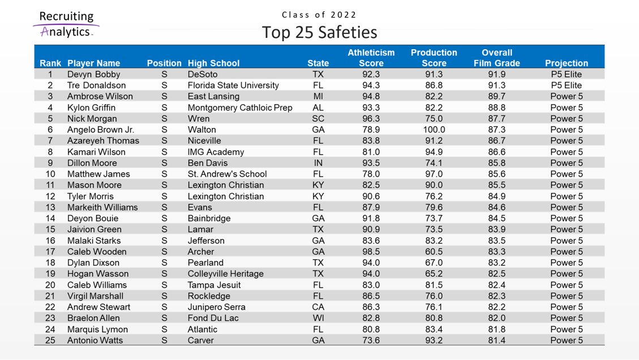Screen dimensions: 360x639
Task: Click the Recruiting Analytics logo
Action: [x=66, y=24]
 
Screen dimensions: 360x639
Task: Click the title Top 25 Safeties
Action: [x=319, y=32]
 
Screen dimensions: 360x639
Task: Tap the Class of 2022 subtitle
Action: [x=319, y=15]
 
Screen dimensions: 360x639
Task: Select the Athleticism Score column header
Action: [x=371, y=58]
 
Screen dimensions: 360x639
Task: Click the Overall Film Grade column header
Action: [x=496, y=58]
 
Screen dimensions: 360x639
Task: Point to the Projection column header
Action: [x=566, y=63]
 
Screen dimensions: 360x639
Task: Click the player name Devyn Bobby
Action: [x=93, y=74]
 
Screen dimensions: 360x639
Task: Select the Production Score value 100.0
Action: [x=434, y=130]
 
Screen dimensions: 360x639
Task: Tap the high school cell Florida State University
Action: [x=233, y=85]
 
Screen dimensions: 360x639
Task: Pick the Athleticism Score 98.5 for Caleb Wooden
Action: [x=371, y=252]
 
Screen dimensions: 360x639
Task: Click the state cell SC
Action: [x=318, y=119]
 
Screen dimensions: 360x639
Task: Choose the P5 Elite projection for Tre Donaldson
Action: [x=566, y=85]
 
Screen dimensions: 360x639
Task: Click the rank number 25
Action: [x=50, y=341]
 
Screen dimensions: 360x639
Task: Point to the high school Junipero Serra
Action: [x=216, y=307]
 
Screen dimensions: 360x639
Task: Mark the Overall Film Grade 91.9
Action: [x=496, y=74]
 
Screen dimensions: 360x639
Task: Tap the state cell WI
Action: [x=318, y=318]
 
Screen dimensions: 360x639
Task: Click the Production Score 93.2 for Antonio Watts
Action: [x=434, y=341]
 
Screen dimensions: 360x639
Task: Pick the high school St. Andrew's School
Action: [x=227, y=174]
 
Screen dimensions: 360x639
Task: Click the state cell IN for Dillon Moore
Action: [x=318, y=163]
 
